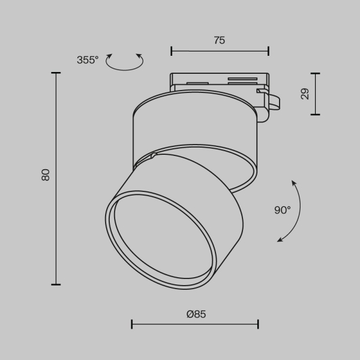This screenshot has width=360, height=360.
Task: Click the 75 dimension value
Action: click(x=219, y=40)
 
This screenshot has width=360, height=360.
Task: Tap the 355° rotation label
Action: click(x=88, y=59)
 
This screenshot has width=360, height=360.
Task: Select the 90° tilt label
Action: click(x=282, y=209)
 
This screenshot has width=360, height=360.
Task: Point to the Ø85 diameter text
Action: click(x=196, y=314)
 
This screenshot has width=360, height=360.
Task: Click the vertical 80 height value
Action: click(x=46, y=175)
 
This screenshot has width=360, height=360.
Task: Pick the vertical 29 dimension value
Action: click(x=305, y=94)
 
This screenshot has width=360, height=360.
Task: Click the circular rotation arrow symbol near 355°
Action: click(x=125, y=61)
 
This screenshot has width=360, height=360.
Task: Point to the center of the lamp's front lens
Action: click(x=160, y=239)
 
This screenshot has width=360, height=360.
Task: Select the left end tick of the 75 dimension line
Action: click(x=172, y=51)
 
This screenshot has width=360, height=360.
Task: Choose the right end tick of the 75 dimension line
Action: click(x=268, y=51)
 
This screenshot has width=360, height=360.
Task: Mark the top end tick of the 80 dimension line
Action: click(x=56, y=73)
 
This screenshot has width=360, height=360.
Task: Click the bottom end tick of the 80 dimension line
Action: click(x=56, y=284)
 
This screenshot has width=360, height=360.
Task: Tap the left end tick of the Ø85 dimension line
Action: click(x=132, y=325)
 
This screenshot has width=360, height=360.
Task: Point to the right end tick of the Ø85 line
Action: click(x=258, y=325)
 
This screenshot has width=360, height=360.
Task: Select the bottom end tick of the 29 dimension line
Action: click(x=315, y=114)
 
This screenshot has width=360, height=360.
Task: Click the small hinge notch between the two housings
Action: click(x=154, y=156)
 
